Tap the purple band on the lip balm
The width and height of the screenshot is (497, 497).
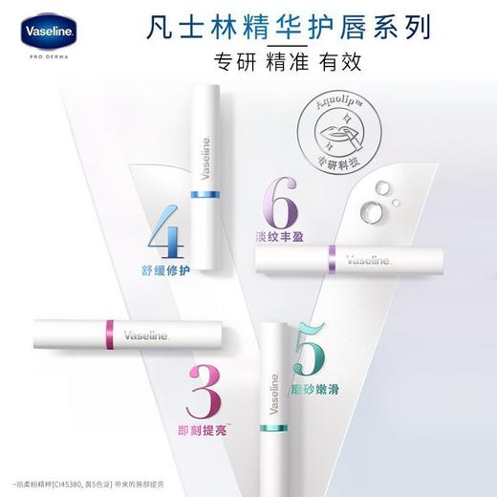[332, 255]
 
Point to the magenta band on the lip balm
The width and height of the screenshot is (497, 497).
[101, 334]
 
